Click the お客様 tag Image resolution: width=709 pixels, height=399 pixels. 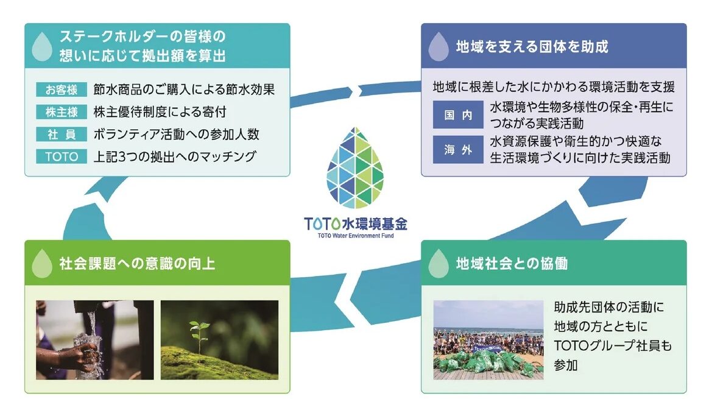pos(62,90)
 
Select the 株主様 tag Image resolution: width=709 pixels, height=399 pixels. pos(62,111)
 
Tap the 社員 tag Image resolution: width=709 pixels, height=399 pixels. pos(62,134)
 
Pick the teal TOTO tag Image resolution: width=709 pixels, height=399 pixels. pos(62,156)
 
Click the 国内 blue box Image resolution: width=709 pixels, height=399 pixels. pos(458,115)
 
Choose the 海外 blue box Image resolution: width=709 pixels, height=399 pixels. pos(458,149)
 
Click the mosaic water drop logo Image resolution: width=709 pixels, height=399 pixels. pos(355,168)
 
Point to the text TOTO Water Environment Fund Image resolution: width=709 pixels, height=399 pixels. pos(355,236)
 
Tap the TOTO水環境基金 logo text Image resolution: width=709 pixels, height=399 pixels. pos(355,224)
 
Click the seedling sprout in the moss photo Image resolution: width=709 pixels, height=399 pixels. pos(199,335)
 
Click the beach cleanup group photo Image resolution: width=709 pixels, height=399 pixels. pos(489,340)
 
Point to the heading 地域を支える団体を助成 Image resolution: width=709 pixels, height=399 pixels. pos(532,46)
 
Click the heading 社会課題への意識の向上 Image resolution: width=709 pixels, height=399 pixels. pos(137,263)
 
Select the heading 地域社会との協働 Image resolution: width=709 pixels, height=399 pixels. pos(512,263)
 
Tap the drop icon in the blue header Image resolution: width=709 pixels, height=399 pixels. pos(438,46)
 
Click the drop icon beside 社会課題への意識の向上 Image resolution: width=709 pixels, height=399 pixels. pos(42,263)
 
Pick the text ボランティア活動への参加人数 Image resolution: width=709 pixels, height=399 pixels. pos(177,134)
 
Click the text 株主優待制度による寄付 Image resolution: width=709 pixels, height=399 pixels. pos(160,111)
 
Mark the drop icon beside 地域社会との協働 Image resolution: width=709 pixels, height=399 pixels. pos(438,263)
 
